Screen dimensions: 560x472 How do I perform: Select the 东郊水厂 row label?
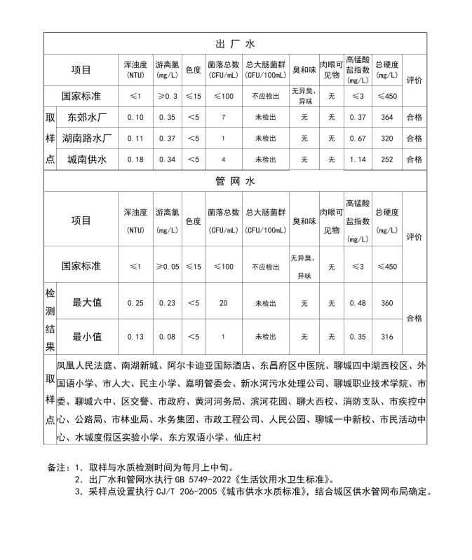(86, 118)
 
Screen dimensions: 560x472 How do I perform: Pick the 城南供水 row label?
(86, 160)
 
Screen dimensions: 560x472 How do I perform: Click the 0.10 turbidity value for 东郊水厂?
(135, 118)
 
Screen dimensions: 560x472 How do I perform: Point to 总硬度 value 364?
(386, 118)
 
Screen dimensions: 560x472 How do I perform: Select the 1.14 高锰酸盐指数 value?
(358, 160)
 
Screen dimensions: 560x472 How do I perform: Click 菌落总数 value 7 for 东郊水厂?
(223, 118)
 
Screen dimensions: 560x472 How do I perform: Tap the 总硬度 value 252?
(386, 160)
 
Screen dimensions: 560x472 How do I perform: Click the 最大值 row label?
(87, 302)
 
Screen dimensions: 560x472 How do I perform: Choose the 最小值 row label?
(87, 337)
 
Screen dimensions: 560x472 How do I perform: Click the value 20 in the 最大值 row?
(223, 303)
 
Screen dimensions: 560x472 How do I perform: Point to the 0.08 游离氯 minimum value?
(166, 337)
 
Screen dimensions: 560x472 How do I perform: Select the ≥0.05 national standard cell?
(167, 267)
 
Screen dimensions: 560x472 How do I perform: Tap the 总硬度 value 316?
(386, 337)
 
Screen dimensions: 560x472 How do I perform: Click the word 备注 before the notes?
(56, 467)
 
